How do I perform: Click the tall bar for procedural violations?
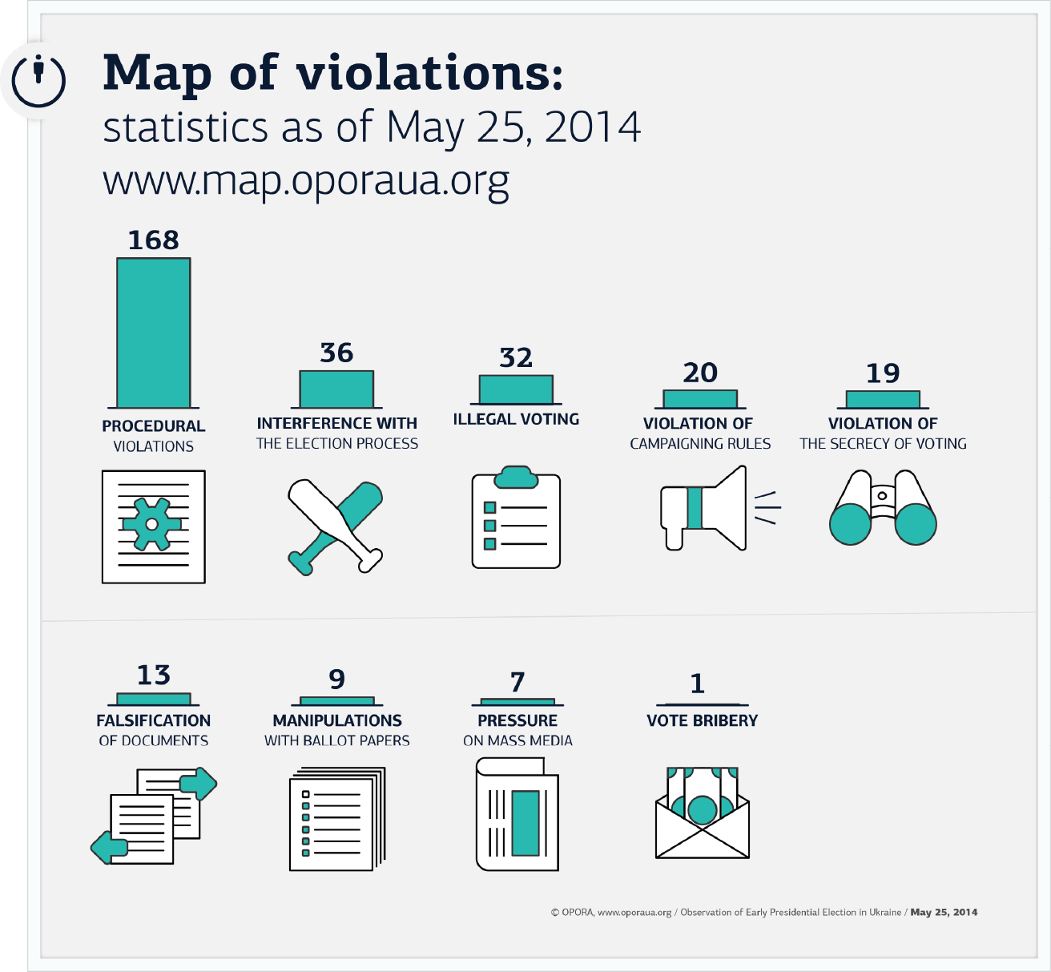(x=154, y=333)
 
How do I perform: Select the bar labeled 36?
(x=336, y=389)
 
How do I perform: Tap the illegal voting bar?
(x=516, y=389)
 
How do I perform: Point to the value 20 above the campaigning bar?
(x=700, y=373)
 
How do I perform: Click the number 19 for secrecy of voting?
(x=883, y=373)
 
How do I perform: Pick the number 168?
(x=154, y=240)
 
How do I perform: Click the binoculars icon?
(x=883, y=507)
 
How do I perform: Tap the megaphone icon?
(x=719, y=508)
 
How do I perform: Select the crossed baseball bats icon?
(x=335, y=526)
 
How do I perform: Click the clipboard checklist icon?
(x=516, y=517)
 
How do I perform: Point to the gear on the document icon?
(x=152, y=524)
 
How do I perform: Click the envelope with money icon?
(x=703, y=813)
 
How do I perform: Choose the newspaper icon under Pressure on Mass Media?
(x=517, y=814)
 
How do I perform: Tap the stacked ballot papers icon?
(x=337, y=818)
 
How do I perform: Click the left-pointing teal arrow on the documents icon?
(x=110, y=847)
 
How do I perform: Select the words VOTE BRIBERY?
(x=703, y=720)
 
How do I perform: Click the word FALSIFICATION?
(x=154, y=720)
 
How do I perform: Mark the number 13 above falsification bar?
(x=154, y=675)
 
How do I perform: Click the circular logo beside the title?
(x=38, y=80)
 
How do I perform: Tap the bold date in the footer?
(x=944, y=912)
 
